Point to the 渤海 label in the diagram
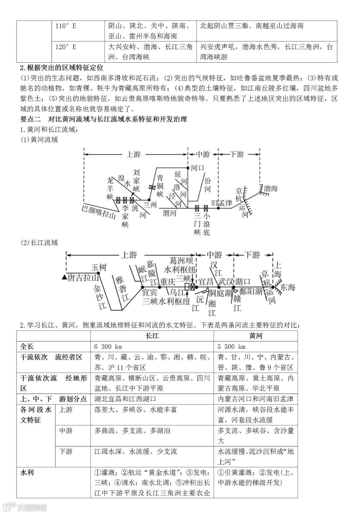(x=270, y=189)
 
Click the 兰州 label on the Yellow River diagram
(x=150, y=204)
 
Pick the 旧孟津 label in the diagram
(x=222, y=203)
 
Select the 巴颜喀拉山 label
(x=99, y=212)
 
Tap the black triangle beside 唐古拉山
(x=64, y=278)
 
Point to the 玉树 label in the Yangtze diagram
(x=99, y=268)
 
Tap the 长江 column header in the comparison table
(x=152, y=336)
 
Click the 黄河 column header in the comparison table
(x=255, y=336)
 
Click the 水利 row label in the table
(x=27, y=473)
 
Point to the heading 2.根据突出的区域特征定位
(x=62, y=68)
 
